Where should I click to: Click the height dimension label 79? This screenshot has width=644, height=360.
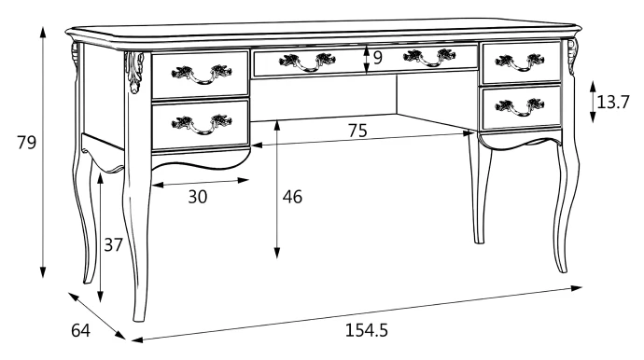pos(27,143)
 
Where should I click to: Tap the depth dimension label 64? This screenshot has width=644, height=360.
pos(80,330)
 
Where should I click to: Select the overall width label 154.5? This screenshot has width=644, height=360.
pos(367,330)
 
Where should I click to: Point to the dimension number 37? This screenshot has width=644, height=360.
pos(113,245)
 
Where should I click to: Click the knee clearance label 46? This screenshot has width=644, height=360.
pos(292,197)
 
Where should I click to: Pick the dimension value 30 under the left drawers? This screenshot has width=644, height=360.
pos(198,197)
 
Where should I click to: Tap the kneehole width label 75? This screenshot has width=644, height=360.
pos(357,131)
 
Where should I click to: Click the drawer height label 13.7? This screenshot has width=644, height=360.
pos(613,102)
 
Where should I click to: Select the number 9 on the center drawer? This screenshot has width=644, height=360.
pos(378,58)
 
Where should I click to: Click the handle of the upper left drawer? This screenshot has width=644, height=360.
pos(202,74)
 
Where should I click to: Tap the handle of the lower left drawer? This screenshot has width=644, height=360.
pos(202,124)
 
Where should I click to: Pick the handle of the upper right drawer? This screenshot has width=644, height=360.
pos(520,62)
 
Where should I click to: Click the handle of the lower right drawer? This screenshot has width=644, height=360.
pos(520,107)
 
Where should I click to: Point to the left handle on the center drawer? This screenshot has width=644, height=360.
pos(307,62)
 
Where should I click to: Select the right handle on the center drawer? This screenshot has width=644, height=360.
pos(429,58)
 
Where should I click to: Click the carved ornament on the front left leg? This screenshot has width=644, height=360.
pos(134,72)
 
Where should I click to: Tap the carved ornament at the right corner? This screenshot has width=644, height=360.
pos(572,57)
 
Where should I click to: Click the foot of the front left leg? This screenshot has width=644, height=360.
pos(140,315)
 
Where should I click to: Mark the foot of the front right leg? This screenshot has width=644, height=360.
pos(562,268)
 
